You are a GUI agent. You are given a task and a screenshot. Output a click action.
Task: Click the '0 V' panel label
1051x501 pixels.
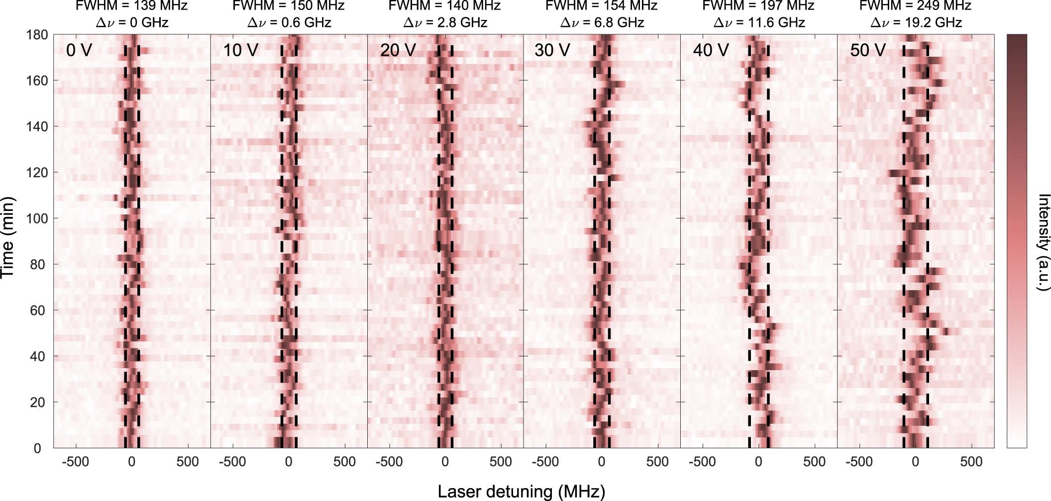click(x=79, y=50)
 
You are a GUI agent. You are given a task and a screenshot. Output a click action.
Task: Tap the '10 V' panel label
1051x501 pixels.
click(x=240, y=50)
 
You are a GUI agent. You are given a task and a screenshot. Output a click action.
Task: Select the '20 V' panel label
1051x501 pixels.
click(x=398, y=50)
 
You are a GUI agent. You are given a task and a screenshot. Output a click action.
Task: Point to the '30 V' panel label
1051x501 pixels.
click(x=552, y=50)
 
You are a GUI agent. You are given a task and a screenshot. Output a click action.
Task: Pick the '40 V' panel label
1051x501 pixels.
click(x=711, y=50)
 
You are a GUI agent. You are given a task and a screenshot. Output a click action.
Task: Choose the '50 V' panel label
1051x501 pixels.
click(x=867, y=50)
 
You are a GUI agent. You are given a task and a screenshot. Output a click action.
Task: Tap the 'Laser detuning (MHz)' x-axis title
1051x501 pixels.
click(x=522, y=492)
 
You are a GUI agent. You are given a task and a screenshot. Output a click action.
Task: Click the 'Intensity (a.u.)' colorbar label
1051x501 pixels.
click(x=1043, y=242)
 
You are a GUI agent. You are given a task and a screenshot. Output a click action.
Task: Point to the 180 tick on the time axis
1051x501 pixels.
click(x=37, y=35)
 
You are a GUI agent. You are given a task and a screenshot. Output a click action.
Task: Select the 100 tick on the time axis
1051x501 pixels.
click(x=37, y=219)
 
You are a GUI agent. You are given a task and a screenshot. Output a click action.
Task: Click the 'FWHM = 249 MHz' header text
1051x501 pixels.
click(x=915, y=6)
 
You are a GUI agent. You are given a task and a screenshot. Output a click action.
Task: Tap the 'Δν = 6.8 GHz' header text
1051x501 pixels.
click(x=602, y=22)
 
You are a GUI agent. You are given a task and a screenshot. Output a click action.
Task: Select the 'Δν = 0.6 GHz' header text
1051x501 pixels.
click(x=289, y=22)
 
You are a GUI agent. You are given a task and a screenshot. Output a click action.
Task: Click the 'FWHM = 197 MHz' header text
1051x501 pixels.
click(x=758, y=6)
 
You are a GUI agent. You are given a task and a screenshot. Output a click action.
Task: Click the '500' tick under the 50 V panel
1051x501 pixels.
click(x=971, y=462)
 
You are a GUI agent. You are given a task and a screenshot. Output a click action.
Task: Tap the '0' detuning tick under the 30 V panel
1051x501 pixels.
click(x=601, y=462)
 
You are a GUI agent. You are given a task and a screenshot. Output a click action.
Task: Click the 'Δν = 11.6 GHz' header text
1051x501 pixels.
click(x=758, y=22)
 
